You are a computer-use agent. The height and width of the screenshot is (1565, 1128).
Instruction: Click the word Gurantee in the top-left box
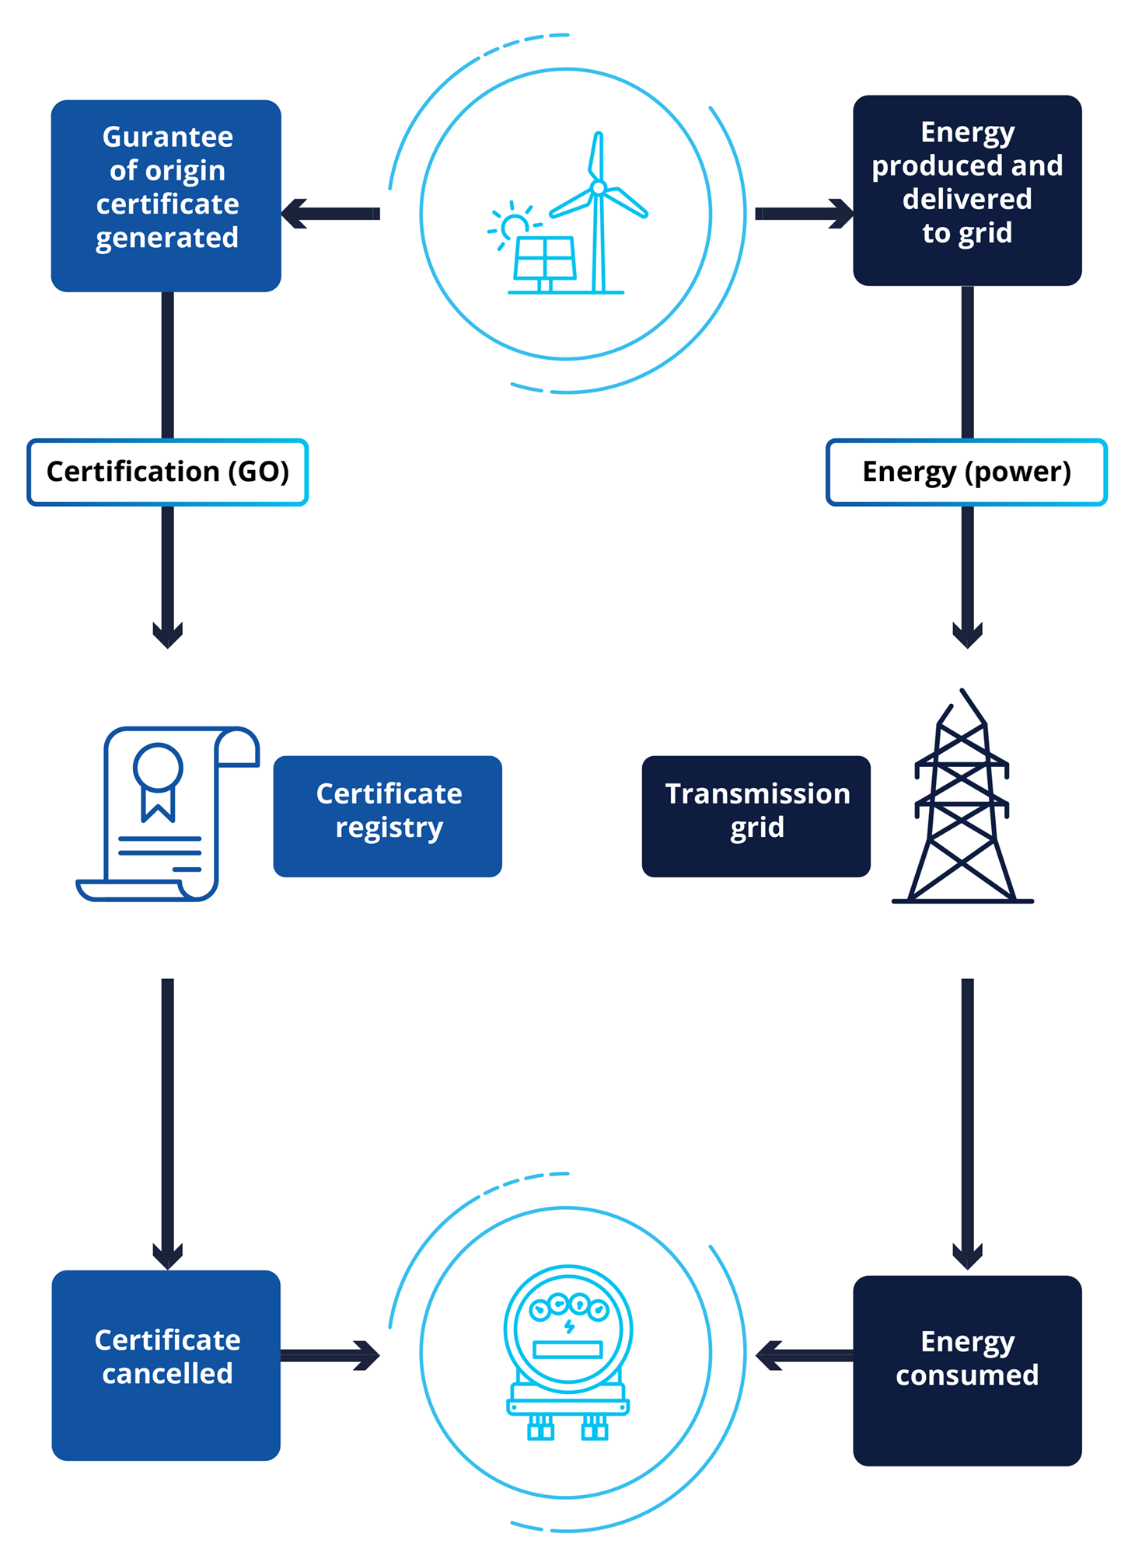167,138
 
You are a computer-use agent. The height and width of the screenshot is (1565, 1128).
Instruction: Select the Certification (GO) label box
167,472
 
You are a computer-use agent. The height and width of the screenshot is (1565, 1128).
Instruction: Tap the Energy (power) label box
966,472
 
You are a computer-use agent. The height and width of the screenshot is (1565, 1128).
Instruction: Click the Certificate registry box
388,816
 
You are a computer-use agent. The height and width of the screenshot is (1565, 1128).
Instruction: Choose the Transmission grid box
756,816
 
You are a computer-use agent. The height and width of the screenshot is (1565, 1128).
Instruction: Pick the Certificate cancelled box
166,1365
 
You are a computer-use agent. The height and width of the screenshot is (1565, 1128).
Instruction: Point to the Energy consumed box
967,1370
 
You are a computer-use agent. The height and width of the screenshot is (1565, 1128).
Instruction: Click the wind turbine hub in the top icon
598,188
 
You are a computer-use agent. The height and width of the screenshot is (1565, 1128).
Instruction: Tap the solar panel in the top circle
545,257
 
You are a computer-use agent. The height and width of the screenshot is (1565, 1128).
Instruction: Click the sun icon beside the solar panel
513,226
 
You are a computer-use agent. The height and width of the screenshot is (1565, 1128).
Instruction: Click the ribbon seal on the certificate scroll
158,777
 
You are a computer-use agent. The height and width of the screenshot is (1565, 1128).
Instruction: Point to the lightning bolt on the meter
569,1326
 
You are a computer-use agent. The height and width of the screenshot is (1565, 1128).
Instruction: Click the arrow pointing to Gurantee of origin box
330,214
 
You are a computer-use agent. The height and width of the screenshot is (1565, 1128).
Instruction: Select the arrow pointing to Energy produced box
804,214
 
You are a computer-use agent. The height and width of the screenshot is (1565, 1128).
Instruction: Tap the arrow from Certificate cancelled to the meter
330,1355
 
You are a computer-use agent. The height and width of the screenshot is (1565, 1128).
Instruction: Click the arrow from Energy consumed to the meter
804,1355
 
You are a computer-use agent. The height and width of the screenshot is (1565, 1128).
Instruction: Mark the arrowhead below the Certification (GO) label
167,633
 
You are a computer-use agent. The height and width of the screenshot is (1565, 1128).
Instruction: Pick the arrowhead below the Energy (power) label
967,633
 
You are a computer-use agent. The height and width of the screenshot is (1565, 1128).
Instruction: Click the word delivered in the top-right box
967,199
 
